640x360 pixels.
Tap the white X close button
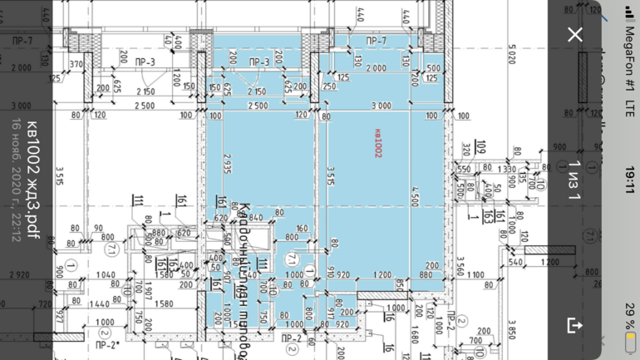[x=574, y=34]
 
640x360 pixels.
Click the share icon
[x=574, y=325]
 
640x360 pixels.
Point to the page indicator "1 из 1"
[x=574, y=180]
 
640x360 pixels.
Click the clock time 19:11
[x=630, y=180]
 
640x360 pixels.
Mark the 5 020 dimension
[x=512, y=56]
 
